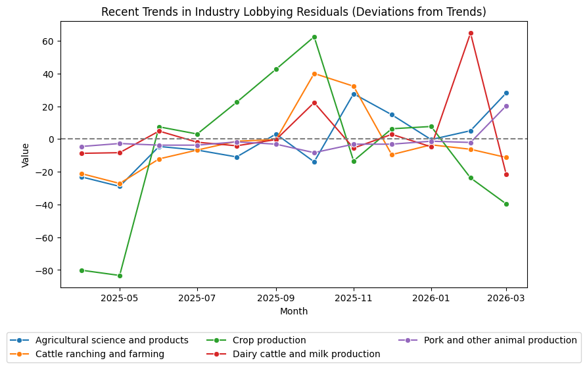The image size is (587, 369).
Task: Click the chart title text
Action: coord(293,12)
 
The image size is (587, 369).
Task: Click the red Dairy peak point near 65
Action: coord(471,33)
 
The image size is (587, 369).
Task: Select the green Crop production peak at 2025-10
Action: coord(314,37)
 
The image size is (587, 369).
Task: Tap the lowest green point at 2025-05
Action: coord(120,276)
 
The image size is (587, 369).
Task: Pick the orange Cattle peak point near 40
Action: coord(314,74)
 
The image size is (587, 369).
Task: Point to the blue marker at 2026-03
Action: coord(506,93)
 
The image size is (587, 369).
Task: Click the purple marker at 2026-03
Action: coord(506,106)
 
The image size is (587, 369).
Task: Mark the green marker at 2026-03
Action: coord(506,204)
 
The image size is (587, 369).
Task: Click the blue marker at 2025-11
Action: coord(354,94)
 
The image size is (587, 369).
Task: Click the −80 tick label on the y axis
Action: coord(46,270)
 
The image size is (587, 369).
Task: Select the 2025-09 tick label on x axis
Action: coord(275,298)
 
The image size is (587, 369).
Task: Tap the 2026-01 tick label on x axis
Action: coord(431,298)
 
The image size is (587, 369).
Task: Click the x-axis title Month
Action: coord(293,311)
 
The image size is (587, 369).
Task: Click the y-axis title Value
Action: coord(26,154)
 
